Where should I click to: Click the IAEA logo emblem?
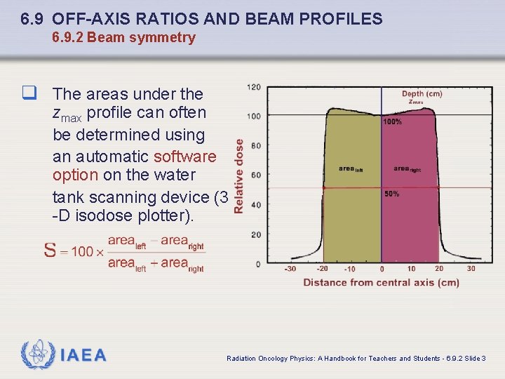(37, 355)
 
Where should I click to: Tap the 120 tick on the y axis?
(254, 87)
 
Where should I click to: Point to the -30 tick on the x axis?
(290, 269)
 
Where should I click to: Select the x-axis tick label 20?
(439, 269)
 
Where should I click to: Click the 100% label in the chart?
(393, 122)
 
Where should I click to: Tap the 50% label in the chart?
(391, 194)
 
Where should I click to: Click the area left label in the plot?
(351, 168)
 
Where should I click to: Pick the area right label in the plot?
(407, 168)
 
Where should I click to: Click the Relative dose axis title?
(239, 175)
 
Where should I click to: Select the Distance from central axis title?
(381, 282)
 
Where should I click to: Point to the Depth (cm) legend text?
(422, 93)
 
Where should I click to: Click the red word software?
(185, 155)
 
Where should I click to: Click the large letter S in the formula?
(50, 251)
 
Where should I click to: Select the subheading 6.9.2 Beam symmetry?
(123, 38)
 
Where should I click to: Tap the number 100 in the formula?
(82, 251)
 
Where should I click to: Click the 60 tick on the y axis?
(256, 175)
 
